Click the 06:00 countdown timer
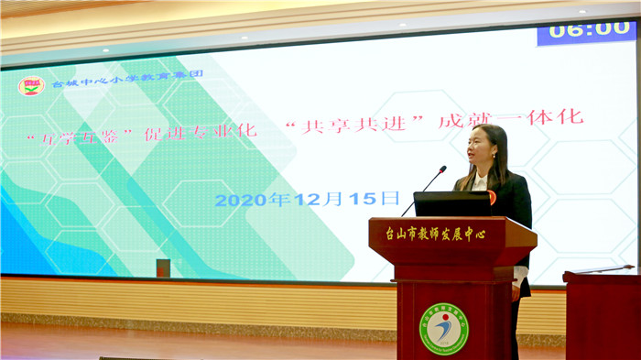pos(585,30)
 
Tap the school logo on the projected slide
pos(31,85)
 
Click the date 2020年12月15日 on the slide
pos(307,199)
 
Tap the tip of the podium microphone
pos(442,169)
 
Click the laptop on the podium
pos(451,203)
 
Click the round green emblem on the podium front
pos(443,328)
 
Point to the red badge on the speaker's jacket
pos(492,196)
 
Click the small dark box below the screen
pos(163,267)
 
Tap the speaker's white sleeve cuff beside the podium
pos(519,275)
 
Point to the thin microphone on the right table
pos(604,269)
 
